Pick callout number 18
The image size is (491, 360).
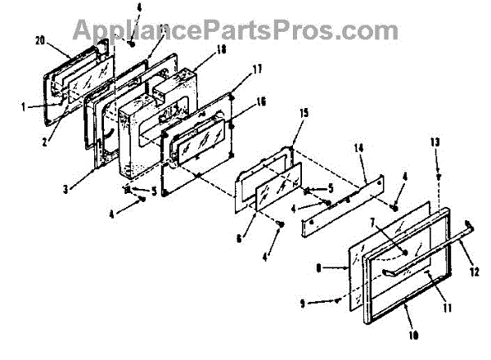(199, 50)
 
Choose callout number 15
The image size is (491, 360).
(304, 135)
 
